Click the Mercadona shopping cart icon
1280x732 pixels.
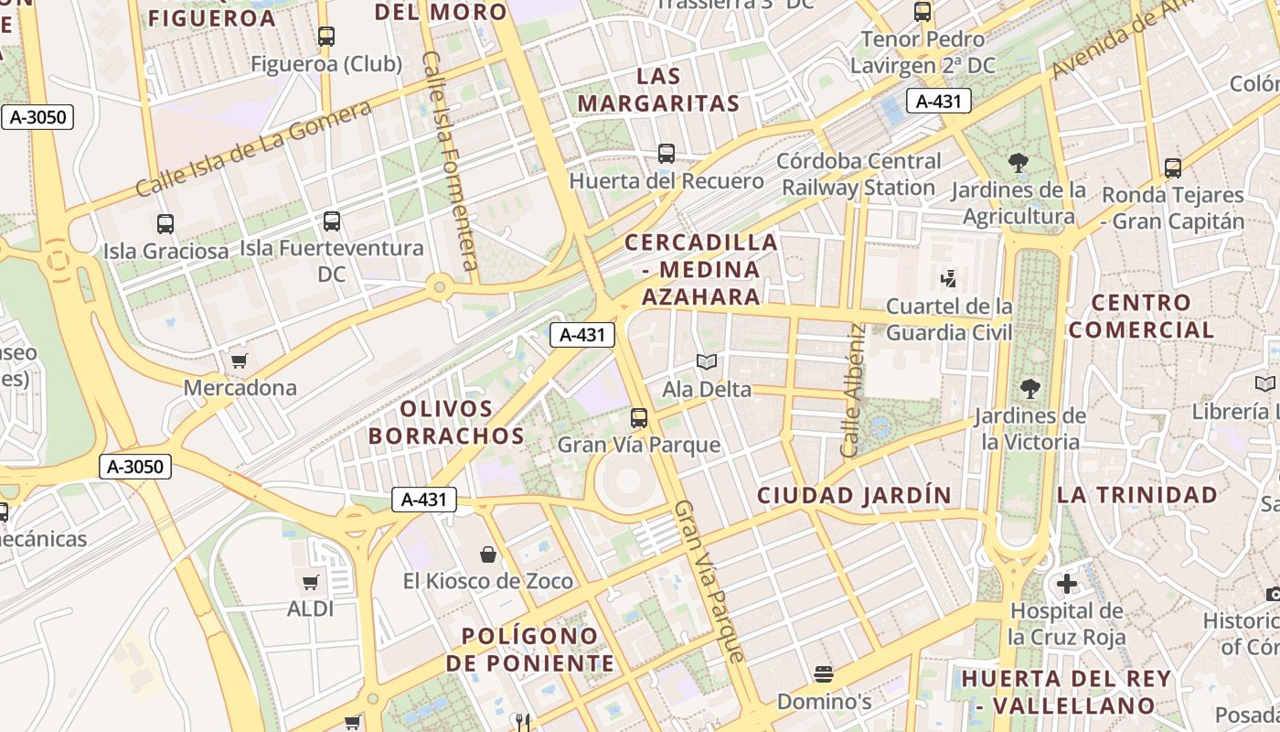[x=239, y=361]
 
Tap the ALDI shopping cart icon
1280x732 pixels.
[x=311, y=582]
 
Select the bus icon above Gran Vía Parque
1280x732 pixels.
[x=639, y=418]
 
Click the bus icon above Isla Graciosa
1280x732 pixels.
[x=165, y=223]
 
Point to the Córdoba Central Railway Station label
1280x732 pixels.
[x=858, y=174]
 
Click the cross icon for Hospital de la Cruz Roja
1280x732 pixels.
[x=1066, y=583]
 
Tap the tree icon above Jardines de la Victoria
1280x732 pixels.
[x=1030, y=389]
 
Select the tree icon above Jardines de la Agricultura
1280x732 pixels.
[x=1018, y=164]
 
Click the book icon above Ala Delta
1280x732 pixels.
[x=707, y=362]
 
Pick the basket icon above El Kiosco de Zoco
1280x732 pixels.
[x=488, y=554]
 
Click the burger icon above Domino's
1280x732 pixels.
[x=824, y=675]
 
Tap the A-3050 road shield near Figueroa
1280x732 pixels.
[x=37, y=117]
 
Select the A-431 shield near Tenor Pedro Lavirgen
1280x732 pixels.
[x=938, y=101]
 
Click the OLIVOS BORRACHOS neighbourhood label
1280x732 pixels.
[x=446, y=422]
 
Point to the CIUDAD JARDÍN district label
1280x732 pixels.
[x=854, y=495]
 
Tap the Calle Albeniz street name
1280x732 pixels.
[x=852, y=391]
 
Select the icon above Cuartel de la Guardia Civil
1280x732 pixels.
[x=949, y=278]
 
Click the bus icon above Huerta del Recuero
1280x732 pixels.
[x=667, y=154]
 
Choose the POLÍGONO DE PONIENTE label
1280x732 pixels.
[x=529, y=649]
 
